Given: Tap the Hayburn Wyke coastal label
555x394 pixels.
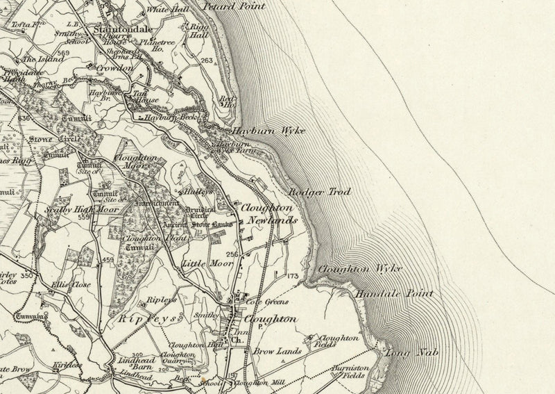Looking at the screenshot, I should point(268,131).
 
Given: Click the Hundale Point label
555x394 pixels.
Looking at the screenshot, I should point(393,295).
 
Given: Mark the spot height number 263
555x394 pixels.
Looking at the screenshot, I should point(206,61).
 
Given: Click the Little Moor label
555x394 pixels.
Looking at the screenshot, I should point(199,264).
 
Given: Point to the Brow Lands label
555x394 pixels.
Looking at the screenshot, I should point(277,352).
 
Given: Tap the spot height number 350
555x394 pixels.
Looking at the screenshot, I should point(26,277).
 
